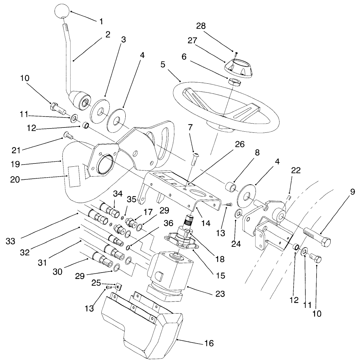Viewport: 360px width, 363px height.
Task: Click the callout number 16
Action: click(x=209, y=343)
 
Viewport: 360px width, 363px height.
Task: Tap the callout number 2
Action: click(x=107, y=34)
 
